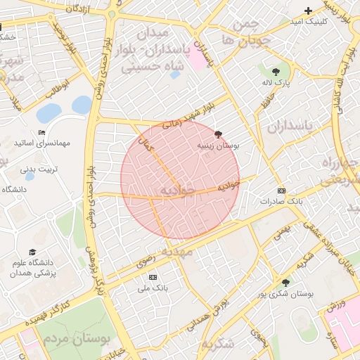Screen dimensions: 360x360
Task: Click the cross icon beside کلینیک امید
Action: coord(308,11)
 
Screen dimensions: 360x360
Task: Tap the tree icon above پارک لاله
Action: coord(276,71)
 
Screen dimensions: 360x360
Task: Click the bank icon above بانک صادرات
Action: coord(282,190)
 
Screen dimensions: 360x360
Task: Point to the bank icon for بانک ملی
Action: coord(153,277)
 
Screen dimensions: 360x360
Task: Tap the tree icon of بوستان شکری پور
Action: coord(285,282)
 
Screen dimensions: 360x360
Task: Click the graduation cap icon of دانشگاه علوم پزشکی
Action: coord(32,252)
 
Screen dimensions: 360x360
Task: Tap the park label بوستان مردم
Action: coord(77,339)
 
